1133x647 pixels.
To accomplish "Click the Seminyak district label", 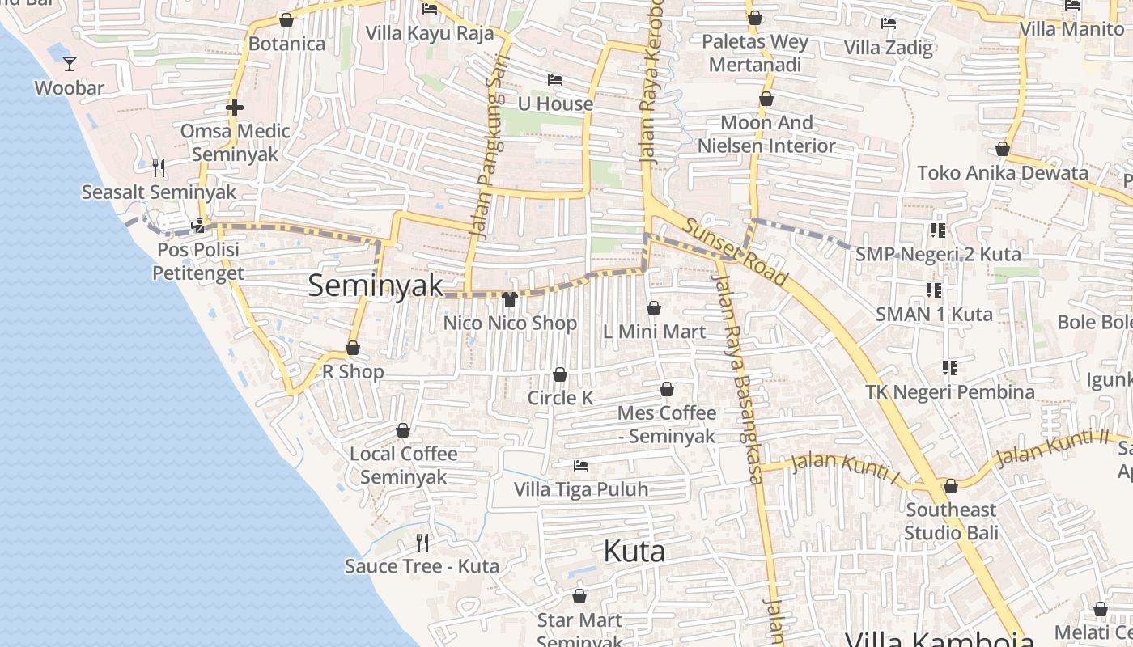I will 376,285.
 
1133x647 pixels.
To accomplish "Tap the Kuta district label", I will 634,552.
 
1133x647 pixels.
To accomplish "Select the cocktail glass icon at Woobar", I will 70,63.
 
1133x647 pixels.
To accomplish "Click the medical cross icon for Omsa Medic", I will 235,107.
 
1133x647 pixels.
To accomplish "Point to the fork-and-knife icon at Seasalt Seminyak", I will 159,168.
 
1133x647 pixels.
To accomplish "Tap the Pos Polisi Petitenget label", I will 198,261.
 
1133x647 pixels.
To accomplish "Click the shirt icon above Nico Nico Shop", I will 510,299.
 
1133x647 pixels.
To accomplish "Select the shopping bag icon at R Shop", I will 353,349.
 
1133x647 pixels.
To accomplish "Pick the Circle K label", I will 560,398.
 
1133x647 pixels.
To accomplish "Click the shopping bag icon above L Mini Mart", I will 654,308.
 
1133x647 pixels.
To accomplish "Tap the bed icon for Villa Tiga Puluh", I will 580,466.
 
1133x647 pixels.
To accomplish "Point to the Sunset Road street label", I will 736,252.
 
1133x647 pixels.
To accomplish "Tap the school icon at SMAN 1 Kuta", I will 934,290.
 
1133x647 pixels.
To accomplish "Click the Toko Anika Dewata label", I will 1003,172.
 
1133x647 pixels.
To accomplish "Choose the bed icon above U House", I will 555,80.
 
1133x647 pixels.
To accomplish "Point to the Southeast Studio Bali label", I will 951,522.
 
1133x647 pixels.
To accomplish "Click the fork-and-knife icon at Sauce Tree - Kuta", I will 422,542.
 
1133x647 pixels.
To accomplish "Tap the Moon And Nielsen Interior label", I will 766,134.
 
